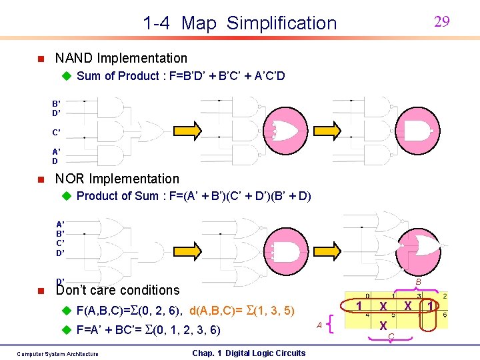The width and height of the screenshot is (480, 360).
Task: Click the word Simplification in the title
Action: pos(281,23)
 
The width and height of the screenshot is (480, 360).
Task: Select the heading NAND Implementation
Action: pos(121,58)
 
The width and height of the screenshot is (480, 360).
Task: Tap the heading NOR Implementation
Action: pos(117,179)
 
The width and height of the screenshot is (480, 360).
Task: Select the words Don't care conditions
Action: pos(118,290)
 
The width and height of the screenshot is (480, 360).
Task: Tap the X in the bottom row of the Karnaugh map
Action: pos(383,326)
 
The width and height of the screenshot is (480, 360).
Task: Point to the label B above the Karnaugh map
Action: pos(417,282)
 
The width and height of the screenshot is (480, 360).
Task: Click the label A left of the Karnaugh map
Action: pos(319,325)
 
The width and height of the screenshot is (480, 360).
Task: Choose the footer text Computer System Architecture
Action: pos(57,354)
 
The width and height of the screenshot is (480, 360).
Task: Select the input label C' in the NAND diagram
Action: pos(57,132)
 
